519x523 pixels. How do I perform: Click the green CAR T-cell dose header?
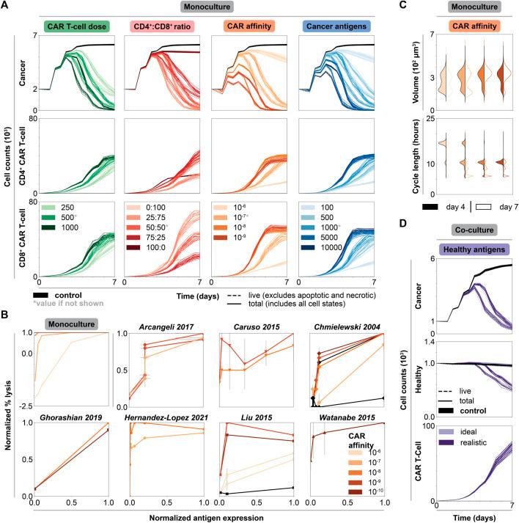75,27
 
